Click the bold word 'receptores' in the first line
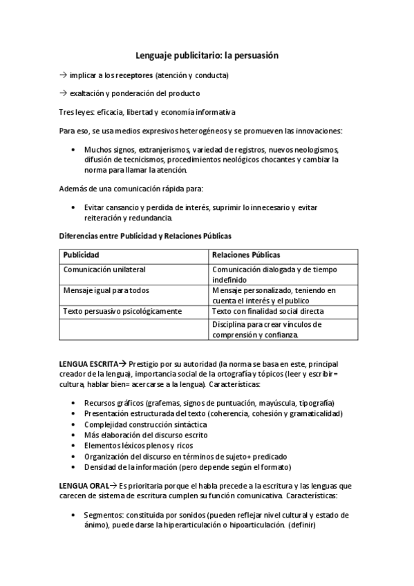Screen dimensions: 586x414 click(134, 75)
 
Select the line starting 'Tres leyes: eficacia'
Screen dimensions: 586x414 click(146, 112)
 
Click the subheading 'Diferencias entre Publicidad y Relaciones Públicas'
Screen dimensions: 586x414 click(144, 236)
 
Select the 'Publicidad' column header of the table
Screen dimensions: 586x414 click(82, 254)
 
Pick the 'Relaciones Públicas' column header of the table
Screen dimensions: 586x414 click(246, 254)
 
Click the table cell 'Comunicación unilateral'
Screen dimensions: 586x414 click(104, 270)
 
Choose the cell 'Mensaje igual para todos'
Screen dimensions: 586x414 click(106, 291)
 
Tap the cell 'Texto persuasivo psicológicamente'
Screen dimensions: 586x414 click(122, 312)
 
